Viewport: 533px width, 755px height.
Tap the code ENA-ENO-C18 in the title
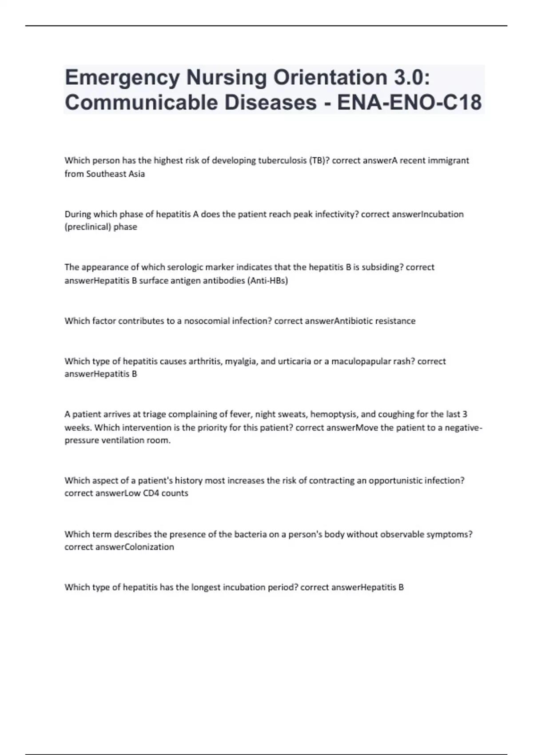pos(409,103)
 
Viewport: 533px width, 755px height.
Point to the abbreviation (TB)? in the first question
pos(319,160)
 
